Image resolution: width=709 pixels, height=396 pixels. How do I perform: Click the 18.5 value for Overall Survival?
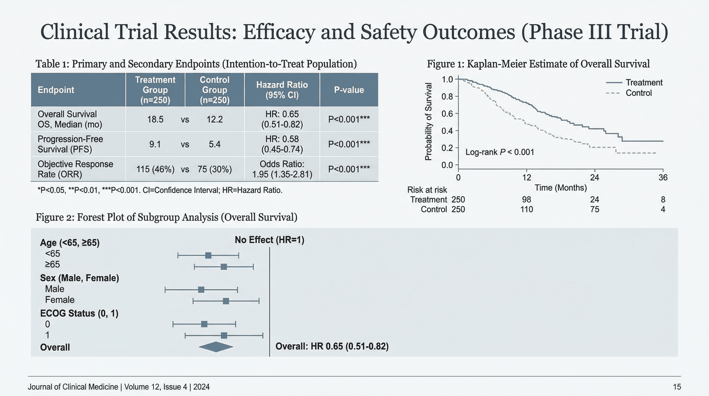[x=155, y=119]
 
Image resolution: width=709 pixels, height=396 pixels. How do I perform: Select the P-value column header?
[x=349, y=90]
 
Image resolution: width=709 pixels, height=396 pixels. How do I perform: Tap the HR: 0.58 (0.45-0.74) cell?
[x=282, y=144]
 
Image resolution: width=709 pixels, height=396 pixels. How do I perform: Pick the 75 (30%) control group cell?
[x=214, y=169]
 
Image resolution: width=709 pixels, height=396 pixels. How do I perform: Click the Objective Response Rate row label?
[x=75, y=169]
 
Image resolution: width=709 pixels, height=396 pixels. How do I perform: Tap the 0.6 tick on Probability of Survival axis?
[x=447, y=113]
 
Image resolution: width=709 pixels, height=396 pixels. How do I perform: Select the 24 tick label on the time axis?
[x=595, y=178]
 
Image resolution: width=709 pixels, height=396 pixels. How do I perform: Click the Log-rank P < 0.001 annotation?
[x=500, y=152]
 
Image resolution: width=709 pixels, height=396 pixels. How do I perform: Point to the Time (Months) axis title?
[x=561, y=188]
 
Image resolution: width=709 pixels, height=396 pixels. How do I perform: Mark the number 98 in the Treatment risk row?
[x=526, y=199]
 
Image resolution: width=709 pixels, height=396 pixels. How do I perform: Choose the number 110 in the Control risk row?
[x=526, y=209]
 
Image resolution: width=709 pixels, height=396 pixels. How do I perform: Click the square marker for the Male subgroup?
[x=201, y=290]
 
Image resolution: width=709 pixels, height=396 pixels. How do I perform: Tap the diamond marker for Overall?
[x=216, y=347]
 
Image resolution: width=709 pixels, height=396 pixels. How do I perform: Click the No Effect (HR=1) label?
[x=269, y=240]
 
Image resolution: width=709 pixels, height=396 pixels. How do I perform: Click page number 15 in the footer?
[x=677, y=387]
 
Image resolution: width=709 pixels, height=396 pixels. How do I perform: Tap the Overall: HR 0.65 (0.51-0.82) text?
[x=332, y=346]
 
